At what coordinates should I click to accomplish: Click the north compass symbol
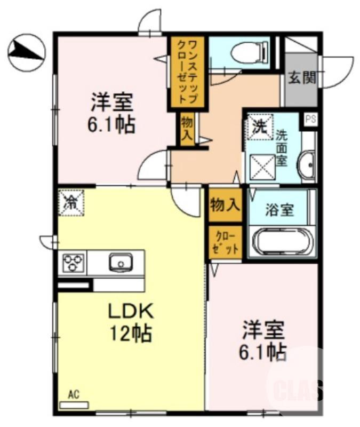click(25, 52)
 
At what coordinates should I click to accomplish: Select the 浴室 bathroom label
click(279, 210)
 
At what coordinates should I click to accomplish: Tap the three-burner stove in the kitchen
click(73, 263)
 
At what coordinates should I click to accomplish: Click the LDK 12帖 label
click(131, 322)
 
